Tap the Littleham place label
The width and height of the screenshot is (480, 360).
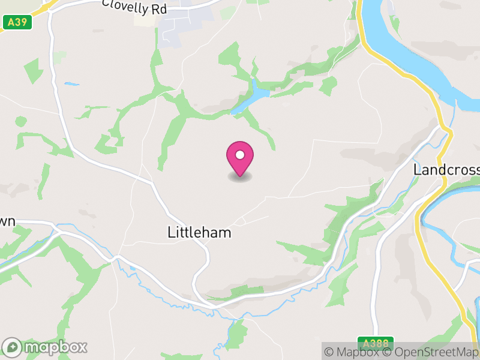point(200,233)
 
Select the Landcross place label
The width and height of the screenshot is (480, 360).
point(446,170)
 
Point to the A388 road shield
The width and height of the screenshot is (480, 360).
point(376,343)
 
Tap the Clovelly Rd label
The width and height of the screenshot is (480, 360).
point(134,7)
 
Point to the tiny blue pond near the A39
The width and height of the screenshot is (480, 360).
point(72,84)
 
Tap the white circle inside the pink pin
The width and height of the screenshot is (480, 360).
point(240,155)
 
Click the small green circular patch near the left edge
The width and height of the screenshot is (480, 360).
point(21,121)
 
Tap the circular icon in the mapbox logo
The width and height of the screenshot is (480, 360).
point(13,347)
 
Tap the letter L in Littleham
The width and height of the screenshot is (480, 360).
point(172,233)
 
